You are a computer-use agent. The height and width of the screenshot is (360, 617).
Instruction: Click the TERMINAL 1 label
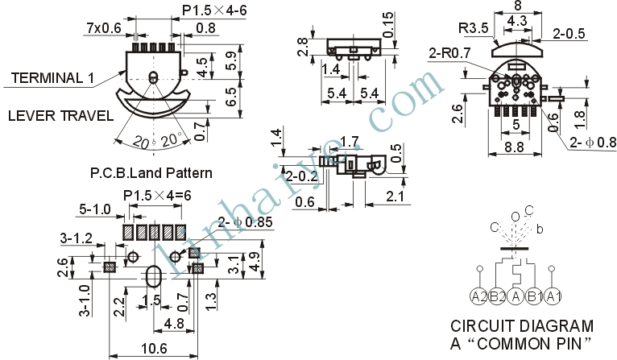[52, 78]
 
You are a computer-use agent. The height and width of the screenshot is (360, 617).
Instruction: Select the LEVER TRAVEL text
[61, 116]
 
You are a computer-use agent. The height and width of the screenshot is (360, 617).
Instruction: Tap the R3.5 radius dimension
[474, 28]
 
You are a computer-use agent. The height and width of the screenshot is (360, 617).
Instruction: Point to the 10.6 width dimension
[154, 348]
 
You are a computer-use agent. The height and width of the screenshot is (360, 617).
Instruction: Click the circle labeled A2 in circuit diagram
[479, 296]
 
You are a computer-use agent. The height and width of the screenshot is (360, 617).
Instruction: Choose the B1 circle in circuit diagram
[534, 296]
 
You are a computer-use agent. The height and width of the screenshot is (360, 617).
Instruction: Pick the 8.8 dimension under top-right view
[514, 147]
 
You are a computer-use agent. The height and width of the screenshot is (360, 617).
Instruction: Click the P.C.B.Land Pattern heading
[151, 172]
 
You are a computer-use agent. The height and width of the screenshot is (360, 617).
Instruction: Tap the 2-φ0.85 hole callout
[245, 222]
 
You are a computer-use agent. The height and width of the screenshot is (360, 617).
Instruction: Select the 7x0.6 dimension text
[104, 28]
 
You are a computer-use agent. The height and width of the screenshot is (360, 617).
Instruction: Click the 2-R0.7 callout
[449, 52]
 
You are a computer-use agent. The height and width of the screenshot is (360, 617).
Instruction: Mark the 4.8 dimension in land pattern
[174, 324]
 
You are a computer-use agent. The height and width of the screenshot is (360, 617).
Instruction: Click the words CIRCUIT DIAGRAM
[522, 326]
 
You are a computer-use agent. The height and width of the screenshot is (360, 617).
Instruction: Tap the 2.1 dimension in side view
[395, 197]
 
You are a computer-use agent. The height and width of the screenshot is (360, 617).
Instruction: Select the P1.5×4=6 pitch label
[157, 196]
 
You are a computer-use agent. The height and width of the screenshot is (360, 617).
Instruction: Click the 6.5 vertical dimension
[231, 97]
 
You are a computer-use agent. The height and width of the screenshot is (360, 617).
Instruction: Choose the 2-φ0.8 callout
[593, 142]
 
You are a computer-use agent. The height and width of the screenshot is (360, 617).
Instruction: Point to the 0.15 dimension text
[387, 25]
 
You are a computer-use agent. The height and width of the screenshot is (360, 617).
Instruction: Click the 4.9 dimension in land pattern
[255, 262]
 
